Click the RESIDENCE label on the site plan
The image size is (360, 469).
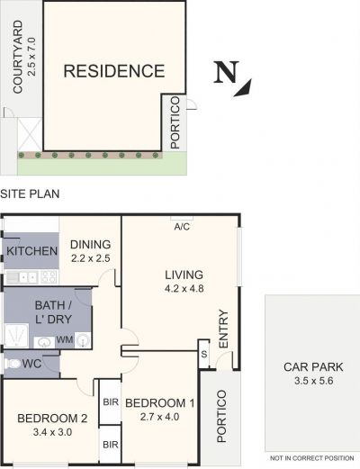[x=114, y=71]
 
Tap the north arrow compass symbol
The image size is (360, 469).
[x=232, y=78]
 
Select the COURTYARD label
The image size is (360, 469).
[x=18, y=57]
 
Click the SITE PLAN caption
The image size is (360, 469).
[x=30, y=194]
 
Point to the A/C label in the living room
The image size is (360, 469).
[x=182, y=227]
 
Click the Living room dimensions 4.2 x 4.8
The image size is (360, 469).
[x=184, y=289]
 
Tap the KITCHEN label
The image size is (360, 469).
[x=32, y=251]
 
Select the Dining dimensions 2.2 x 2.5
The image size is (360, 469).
[x=91, y=258]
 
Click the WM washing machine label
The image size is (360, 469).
[x=65, y=339]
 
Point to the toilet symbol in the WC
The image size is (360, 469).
[x=12, y=364]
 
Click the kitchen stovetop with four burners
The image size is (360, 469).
[x=49, y=277]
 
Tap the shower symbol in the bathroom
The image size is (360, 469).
[x=16, y=336]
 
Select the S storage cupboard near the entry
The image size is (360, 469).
[x=204, y=354]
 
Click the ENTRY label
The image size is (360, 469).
[x=223, y=329]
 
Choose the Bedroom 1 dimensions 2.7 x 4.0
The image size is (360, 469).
[x=159, y=417]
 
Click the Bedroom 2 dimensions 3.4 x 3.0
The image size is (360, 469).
[x=52, y=432]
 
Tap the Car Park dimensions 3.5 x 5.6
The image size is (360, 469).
[x=314, y=381]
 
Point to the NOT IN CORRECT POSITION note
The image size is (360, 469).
[x=312, y=458]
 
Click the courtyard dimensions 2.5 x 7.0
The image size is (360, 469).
[x=31, y=57]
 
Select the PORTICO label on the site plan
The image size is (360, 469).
[x=175, y=122]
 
